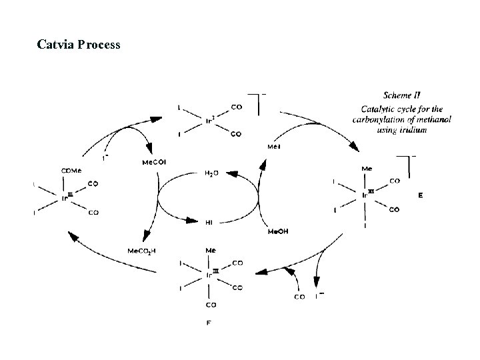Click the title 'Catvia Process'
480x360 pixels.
pyautogui.click(x=79, y=45)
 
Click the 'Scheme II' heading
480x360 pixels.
pyautogui.click(x=403, y=95)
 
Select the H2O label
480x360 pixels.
pyautogui.click(x=211, y=173)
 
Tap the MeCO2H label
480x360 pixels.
pyautogui.click(x=142, y=251)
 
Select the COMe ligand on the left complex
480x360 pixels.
pyautogui.click(x=71, y=171)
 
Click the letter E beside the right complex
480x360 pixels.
pyautogui.click(x=420, y=196)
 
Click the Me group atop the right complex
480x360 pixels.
pyautogui.click(x=366, y=169)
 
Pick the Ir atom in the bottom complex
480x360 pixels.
pyautogui.click(x=209, y=274)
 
